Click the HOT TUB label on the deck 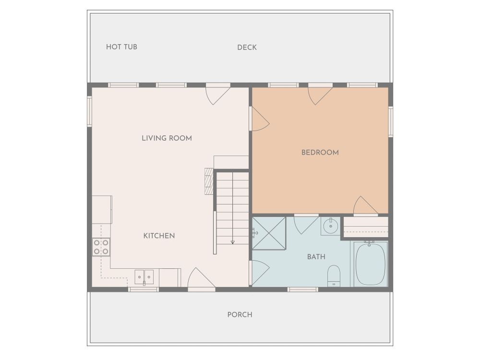click(121, 47)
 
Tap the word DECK click(247, 48)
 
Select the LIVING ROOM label click(167, 138)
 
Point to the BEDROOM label click(320, 153)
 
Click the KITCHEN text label click(159, 236)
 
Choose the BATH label click(316, 256)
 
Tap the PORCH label click(240, 315)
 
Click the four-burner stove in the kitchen click(101, 247)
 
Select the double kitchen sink click(144, 277)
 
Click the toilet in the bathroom click(334, 276)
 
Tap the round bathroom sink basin click(331, 226)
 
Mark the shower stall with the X click(269, 233)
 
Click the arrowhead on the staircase click(233, 242)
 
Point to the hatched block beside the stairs click(208, 181)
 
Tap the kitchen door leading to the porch click(202, 278)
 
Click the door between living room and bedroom click(259, 119)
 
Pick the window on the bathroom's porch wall click(303, 289)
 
